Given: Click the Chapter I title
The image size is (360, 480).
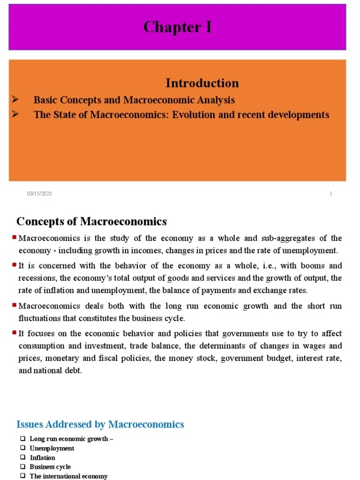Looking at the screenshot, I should [177, 27].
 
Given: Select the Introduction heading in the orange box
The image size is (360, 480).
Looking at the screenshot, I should [202, 83].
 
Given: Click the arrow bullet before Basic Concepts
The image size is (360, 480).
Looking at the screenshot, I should [15, 99].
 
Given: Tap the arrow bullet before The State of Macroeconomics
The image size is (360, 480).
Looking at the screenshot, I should [15, 114].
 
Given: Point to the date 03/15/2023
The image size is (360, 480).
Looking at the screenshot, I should [39, 194].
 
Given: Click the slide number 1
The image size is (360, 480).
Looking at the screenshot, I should [330, 194].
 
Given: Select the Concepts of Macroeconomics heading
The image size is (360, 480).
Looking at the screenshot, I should [91, 221].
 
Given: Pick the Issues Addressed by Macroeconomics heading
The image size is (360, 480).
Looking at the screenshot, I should [100, 424].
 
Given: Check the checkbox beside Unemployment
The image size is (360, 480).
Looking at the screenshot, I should [22, 448].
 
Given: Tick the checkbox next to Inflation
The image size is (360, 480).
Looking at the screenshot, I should [22, 457].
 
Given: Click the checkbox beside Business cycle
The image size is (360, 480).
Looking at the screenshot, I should [22, 466].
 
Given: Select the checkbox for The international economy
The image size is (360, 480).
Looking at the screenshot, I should [22, 476].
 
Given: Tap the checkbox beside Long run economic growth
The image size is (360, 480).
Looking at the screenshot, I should [22, 439].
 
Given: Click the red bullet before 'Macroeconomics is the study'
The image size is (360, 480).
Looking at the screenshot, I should [15, 238].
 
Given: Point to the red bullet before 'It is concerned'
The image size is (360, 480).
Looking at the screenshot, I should [15, 265].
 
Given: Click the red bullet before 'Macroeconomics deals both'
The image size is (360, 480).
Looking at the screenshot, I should [15, 306].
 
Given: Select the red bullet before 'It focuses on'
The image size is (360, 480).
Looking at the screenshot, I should [15, 333].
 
